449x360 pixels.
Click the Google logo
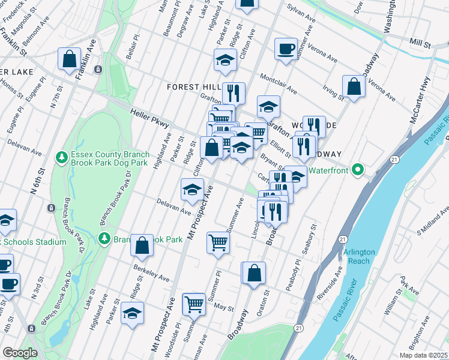click(20, 353)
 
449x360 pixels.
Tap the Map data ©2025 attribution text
click(421, 355)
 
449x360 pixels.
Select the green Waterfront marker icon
click(358, 170)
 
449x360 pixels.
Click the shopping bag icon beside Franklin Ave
click(70, 59)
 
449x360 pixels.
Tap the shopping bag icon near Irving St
click(354, 86)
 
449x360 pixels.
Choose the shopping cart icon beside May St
click(194, 304)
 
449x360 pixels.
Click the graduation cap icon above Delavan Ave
click(192, 190)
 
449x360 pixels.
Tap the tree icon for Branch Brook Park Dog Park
click(61, 158)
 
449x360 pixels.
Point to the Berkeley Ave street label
click(151, 272)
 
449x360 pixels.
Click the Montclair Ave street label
click(278, 85)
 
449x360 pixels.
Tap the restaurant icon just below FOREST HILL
click(233, 93)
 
